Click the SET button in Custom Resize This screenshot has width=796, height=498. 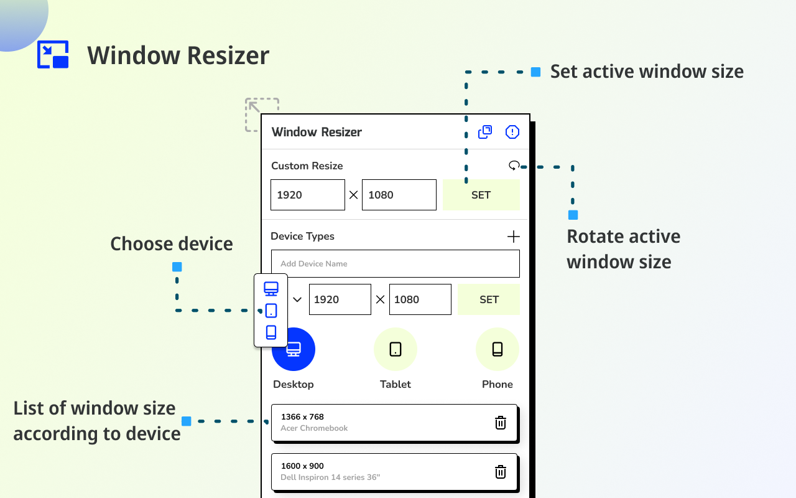click(481, 195)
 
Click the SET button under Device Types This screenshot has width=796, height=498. click(489, 299)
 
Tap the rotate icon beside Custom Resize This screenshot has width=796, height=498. click(514, 166)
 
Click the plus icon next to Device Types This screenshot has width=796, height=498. click(513, 237)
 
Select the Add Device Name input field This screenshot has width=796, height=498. click(395, 264)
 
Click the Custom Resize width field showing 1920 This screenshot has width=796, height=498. click(307, 195)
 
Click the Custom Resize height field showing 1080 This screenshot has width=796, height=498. click(399, 195)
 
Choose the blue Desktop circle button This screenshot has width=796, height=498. click(294, 349)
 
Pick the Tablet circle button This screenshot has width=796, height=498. click(396, 349)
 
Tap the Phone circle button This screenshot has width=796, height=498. click(497, 349)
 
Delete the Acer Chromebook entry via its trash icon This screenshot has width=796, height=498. click(501, 423)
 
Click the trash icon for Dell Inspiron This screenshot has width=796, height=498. click(501, 472)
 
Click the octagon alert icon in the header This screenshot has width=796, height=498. click(512, 132)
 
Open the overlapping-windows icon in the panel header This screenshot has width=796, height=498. click(485, 132)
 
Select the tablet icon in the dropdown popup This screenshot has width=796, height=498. click(271, 311)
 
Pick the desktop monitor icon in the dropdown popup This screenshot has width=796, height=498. click(271, 289)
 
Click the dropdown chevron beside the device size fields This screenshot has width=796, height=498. click(297, 299)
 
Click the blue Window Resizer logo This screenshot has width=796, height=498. click(53, 55)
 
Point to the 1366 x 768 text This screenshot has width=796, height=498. click(302, 417)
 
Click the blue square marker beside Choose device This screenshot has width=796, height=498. click(177, 267)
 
